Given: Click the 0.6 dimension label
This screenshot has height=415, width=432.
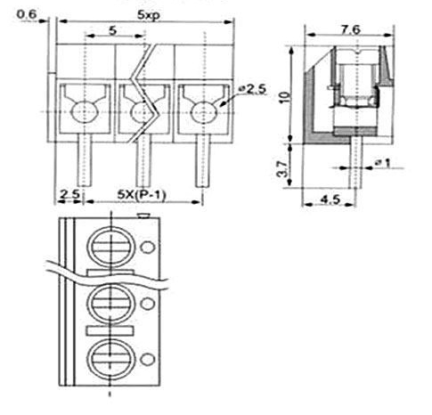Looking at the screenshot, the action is [x=26, y=14].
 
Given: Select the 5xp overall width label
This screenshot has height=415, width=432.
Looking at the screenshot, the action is [x=148, y=15].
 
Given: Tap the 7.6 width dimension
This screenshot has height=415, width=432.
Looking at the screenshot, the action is [x=350, y=29].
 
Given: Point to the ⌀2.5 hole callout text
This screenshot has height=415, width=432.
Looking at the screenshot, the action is [x=253, y=89].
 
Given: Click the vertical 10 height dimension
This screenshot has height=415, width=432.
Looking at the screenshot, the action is [x=284, y=97].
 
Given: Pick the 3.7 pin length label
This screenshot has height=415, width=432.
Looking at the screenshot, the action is [x=282, y=169].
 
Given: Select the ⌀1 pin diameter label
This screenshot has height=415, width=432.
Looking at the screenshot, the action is [x=383, y=162].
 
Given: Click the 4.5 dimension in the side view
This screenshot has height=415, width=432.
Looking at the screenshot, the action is [x=330, y=199].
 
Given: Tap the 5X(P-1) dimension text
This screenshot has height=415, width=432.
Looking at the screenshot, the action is [x=142, y=195].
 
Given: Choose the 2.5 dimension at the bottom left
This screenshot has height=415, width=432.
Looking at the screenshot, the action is [x=70, y=194].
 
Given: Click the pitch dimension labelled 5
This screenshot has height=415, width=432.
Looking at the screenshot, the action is [x=112, y=30].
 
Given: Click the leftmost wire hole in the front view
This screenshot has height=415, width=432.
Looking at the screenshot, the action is [x=85, y=112].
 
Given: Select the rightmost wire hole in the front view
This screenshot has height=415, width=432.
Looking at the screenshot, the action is [x=204, y=112].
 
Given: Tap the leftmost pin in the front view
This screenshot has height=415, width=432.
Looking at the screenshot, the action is [x=85, y=160].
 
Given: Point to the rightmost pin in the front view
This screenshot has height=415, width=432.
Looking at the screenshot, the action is [x=203, y=160].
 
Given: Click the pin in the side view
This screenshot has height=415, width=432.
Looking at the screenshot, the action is [x=355, y=162].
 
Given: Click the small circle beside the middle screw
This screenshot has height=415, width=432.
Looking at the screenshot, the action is [x=148, y=304].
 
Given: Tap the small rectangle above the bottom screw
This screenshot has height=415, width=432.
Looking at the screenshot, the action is [x=110, y=330].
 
